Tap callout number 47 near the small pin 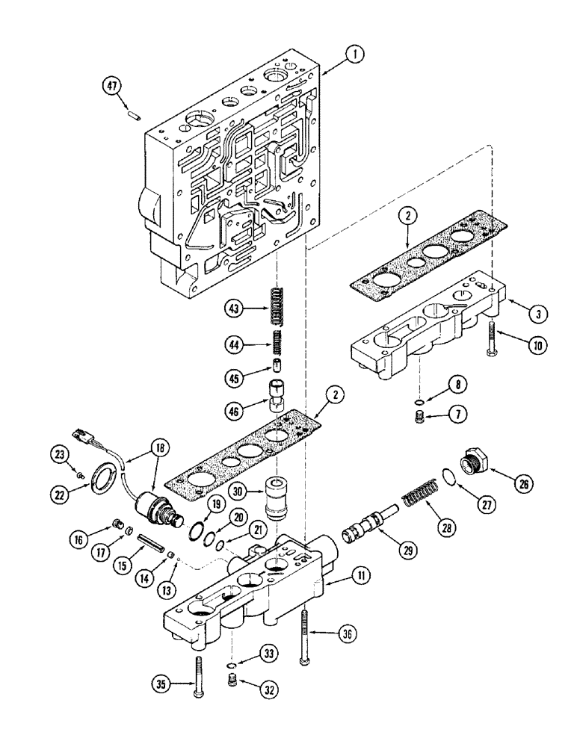coord(111,87)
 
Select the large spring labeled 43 coord(277,307)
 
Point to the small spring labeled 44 coord(277,344)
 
